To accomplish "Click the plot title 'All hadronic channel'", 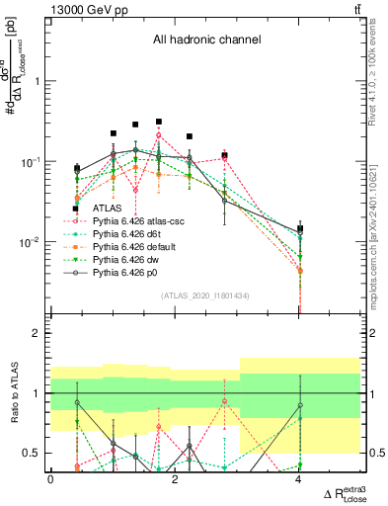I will pos(205,41).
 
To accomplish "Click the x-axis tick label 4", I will pos(299,480).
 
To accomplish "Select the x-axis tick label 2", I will pos(175,480).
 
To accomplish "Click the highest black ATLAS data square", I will pos(158,122).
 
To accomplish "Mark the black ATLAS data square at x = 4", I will pos(299,228).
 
